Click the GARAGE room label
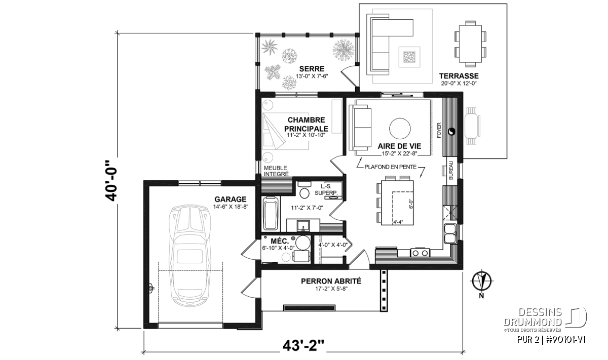231,199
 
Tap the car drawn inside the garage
189,255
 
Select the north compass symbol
481,282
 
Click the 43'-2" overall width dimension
303,345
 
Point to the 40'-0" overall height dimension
111,180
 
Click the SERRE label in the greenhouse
312,69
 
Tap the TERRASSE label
459,76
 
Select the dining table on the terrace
470,44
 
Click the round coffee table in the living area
400,129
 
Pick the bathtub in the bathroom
271,214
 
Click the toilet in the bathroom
305,190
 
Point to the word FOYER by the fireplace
439,130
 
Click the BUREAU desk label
451,170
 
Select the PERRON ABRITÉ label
331,281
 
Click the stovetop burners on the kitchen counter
420,253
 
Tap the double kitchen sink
450,233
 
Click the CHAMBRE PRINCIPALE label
306,124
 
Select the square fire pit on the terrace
409,57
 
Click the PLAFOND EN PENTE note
390,167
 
